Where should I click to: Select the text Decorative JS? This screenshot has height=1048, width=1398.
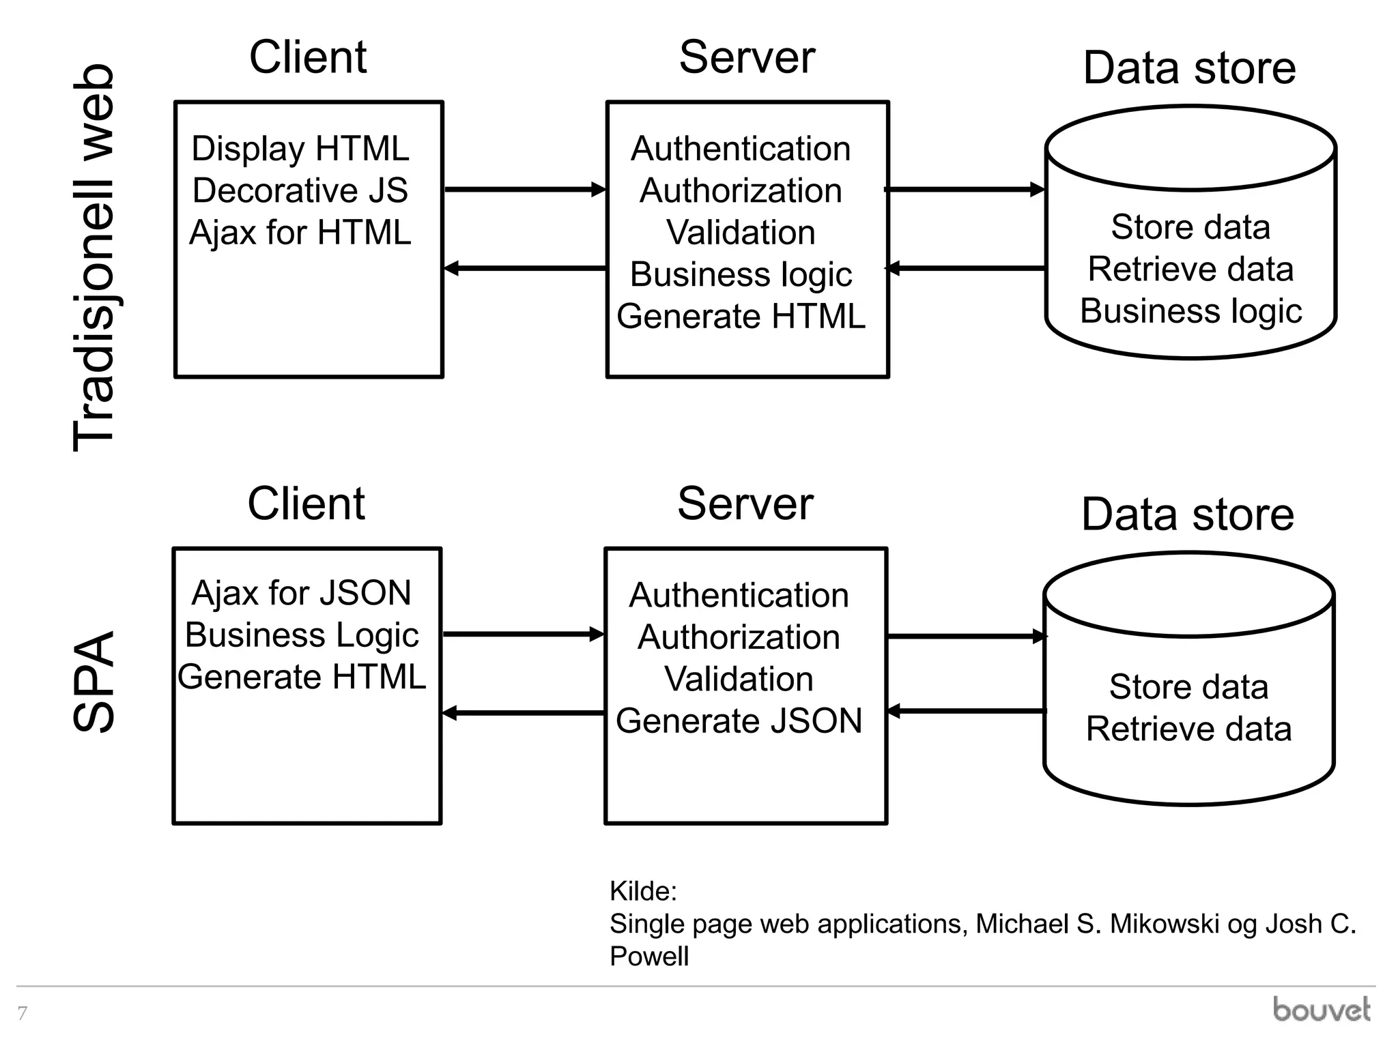(x=300, y=190)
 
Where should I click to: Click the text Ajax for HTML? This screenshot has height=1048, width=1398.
(x=300, y=233)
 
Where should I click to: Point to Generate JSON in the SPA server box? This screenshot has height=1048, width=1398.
(x=739, y=721)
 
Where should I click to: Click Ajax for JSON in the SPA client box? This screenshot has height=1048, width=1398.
(x=301, y=593)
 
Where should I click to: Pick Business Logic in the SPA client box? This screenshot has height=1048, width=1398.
(x=302, y=635)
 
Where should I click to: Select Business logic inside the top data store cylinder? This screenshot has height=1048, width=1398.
(x=1190, y=311)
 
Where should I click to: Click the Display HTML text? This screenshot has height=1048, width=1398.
(x=300, y=149)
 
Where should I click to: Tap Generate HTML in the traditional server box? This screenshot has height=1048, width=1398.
(x=741, y=317)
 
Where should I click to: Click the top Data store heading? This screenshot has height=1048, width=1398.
(x=1189, y=68)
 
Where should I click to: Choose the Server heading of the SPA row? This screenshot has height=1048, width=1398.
(x=745, y=504)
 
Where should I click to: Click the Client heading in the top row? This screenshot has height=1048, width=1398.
(x=308, y=57)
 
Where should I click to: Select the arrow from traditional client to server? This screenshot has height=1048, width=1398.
(x=524, y=190)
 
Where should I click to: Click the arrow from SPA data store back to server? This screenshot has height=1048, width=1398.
(x=966, y=712)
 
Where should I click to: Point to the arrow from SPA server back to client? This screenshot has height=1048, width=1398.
(x=523, y=714)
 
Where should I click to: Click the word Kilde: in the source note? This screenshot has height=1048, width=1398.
(x=643, y=892)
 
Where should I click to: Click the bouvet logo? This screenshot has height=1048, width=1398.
(x=1322, y=1010)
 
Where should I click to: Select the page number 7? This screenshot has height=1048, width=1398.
(x=23, y=1013)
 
